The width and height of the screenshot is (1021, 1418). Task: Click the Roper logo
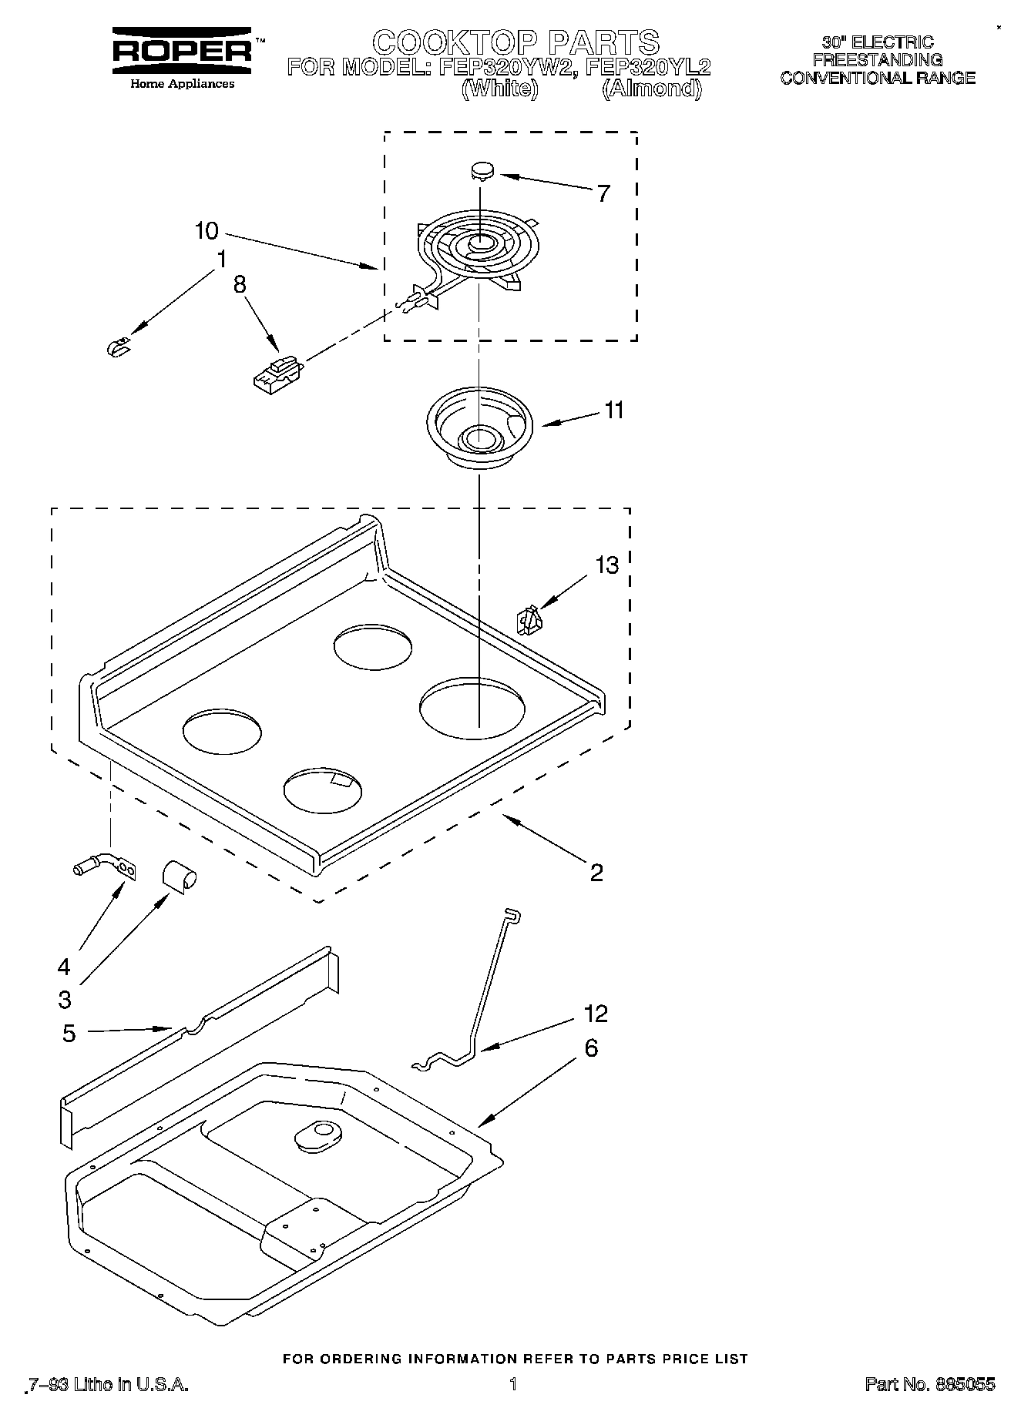pos(182,51)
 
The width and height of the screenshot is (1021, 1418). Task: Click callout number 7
pos(603,193)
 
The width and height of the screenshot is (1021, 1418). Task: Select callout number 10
pos(207,230)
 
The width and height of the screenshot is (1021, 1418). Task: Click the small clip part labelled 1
pos(118,348)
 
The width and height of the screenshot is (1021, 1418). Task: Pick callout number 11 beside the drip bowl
pos(613,411)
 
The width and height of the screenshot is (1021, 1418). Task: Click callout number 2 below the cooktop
pos(596,872)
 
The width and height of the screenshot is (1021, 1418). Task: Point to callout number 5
pos(69,1033)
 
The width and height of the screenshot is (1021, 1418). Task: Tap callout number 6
pos(591,1048)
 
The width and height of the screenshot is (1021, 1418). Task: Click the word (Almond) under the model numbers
pos(652,89)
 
